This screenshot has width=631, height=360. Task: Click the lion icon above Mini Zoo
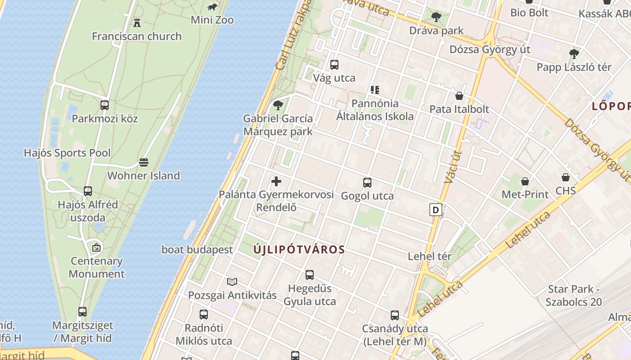coord(212,7)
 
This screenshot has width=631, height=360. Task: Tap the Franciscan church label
coord(137,36)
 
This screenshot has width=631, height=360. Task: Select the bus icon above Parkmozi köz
coord(105,105)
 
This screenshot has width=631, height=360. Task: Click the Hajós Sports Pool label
coord(67,153)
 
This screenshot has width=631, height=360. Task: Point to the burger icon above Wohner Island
coord(144,162)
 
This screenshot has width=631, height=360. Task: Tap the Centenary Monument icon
coord(96,247)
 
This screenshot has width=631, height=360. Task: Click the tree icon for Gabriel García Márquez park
coord(278,105)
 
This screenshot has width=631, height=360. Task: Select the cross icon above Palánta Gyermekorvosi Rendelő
coord(276,181)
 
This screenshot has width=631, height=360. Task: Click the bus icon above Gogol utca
coord(367,183)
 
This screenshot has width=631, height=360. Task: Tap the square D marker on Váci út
coord(436,210)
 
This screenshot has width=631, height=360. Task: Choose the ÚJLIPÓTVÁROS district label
coord(299,249)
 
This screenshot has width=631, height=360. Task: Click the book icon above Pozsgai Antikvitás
coord(232,282)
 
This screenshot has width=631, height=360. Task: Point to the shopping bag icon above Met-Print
coord(525,181)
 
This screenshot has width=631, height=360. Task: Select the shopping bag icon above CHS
coord(566,177)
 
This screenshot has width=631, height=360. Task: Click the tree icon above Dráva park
coord(436,18)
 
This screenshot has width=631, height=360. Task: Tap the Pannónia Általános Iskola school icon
coord(375,90)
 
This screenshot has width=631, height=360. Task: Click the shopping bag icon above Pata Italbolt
coord(459,96)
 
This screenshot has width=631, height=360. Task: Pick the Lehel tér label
coord(430,256)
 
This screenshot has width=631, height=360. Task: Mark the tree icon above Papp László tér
coord(574,54)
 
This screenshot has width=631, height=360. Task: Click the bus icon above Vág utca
coord(334,65)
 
